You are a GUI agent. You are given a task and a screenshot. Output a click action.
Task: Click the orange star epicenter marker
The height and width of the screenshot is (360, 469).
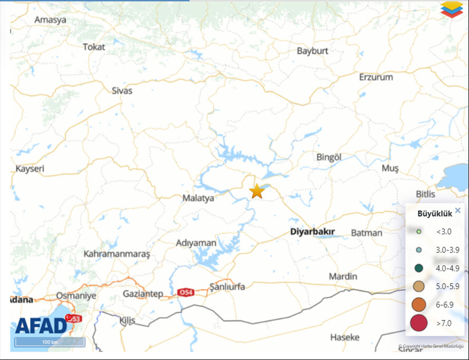tap(257, 191)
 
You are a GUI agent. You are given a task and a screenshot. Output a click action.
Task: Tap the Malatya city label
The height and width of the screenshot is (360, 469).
tap(198, 198)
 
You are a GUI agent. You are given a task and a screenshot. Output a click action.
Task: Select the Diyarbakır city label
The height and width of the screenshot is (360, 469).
tap(312, 232)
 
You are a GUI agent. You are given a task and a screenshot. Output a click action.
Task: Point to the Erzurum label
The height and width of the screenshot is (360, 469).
tap(376, 77)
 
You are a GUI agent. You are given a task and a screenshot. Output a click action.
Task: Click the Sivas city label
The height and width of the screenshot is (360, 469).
tap(122, 91)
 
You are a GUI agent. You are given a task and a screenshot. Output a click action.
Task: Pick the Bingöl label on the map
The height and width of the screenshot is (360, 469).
tap(329, 157)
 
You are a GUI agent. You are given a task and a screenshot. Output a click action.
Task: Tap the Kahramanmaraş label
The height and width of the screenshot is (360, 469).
tap(117, 254)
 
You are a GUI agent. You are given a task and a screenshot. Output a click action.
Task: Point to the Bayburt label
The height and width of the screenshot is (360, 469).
tap(312, 51)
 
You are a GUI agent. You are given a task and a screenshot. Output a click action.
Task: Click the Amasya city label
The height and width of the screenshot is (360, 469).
tap(50, 20)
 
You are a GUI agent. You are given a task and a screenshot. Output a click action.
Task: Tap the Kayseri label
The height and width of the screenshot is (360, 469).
tap(30, 169)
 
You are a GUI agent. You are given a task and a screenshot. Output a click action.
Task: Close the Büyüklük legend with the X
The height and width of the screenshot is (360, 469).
tap(457, 210)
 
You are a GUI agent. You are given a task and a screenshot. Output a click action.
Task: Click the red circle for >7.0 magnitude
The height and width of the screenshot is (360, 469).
tap(418, 323)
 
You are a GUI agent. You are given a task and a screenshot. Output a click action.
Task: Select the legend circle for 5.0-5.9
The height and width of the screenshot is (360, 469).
tap(418, 287)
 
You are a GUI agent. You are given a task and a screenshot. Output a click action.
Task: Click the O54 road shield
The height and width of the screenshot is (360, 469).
tap(185, 292)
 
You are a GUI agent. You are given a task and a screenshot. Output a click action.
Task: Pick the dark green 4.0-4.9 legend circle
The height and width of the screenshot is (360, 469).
tap(418, 268)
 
